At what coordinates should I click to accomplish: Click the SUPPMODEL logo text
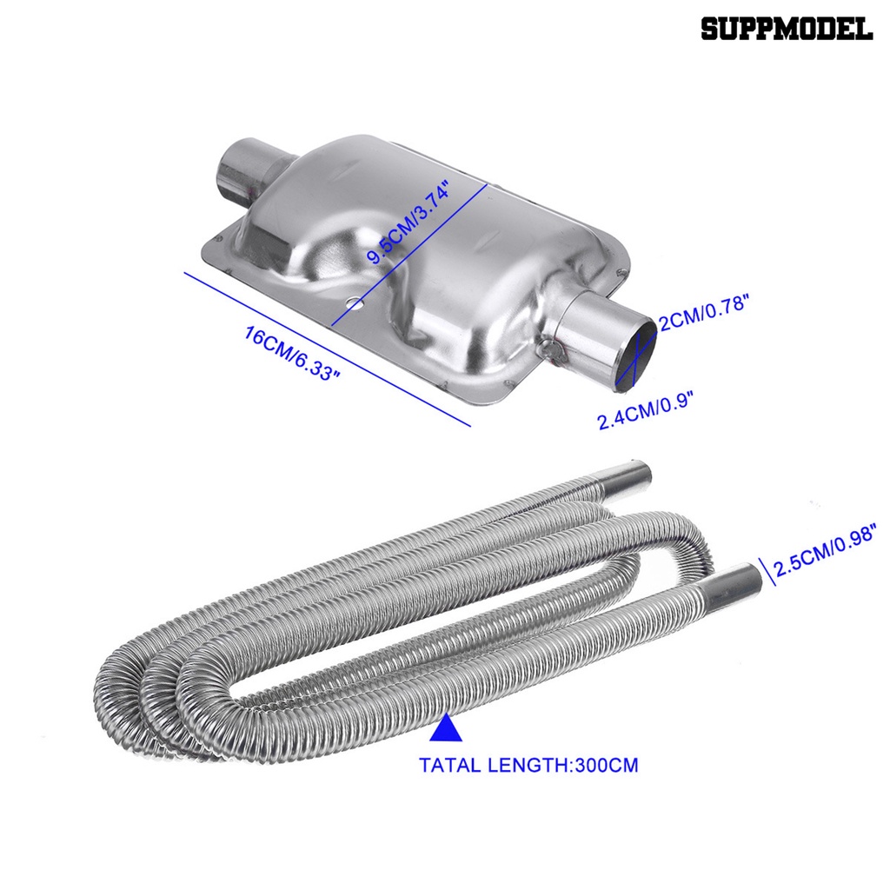787,29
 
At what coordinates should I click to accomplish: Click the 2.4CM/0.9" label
647,410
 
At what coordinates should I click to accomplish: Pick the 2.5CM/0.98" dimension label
826,550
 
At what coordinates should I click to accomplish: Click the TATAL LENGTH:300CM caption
528,765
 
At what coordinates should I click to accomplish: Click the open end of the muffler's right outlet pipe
637,355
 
